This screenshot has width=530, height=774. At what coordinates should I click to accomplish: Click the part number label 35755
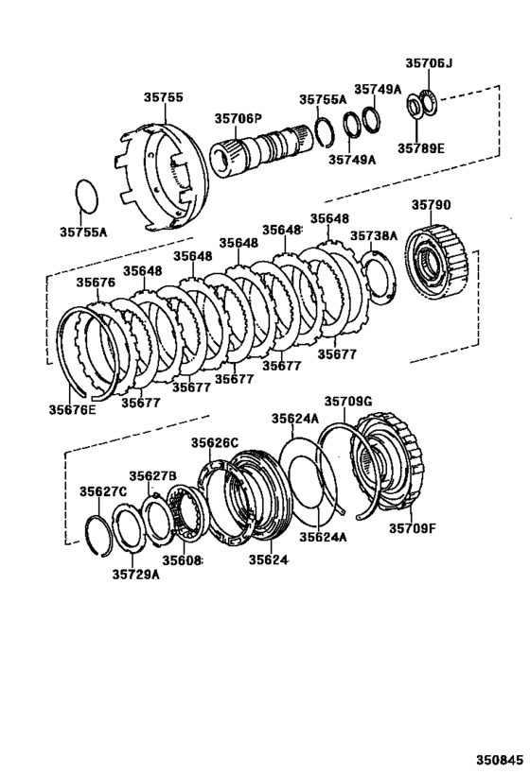163,96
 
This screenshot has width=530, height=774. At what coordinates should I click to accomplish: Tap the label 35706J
429,64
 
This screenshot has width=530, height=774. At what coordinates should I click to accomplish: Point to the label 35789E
421,148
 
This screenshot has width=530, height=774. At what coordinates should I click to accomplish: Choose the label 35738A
374,236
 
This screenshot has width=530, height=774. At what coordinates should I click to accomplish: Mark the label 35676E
73,409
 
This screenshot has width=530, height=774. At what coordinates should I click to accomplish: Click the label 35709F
413,528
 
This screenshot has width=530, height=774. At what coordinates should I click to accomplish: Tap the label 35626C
215,442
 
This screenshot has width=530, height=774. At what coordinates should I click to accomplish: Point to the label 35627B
153,475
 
